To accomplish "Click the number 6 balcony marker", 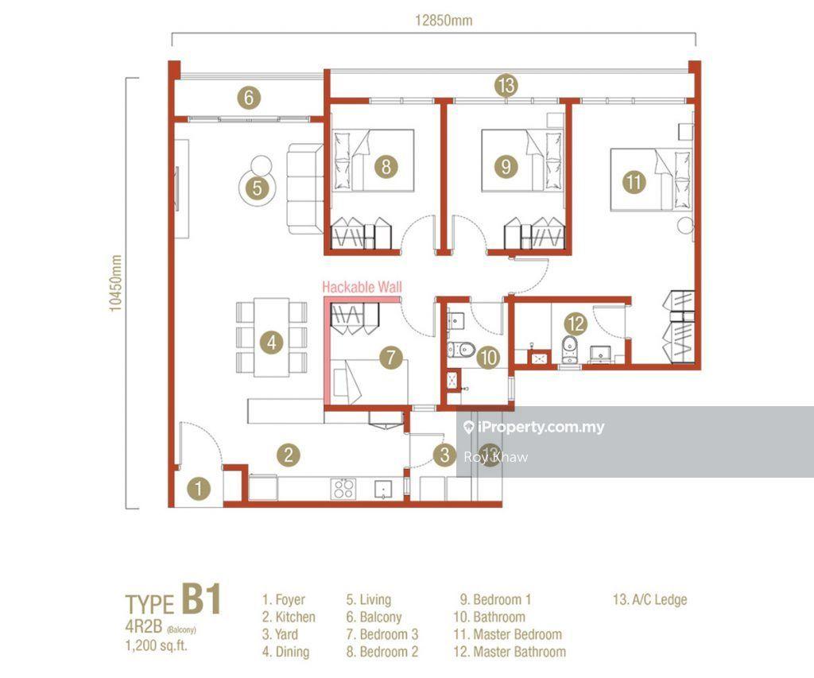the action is (249, 98).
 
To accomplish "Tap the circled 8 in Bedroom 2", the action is (386, 167).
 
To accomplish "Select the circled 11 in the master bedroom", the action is (634, 182).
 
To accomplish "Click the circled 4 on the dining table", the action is (272, 343).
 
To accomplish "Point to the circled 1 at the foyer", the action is (198, 489).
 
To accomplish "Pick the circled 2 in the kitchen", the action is (289, 455).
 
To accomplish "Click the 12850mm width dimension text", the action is (444, 20).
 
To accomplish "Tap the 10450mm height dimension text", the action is (115, 284).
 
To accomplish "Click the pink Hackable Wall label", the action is (362, 287).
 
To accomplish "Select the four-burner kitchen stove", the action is (343, 489).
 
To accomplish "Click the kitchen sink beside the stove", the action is (383, 489).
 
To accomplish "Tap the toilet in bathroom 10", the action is (461, 350).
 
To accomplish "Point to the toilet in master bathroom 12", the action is (569, 350).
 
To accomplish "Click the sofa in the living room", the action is (305, 188).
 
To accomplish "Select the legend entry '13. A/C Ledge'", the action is (649, 599).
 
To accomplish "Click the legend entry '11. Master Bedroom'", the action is (508, 634).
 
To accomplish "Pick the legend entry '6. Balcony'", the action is (374, 618).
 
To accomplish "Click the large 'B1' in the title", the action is (201, 599).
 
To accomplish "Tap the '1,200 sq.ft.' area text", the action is (157, 646).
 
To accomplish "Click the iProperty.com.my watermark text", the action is (541, 428).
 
